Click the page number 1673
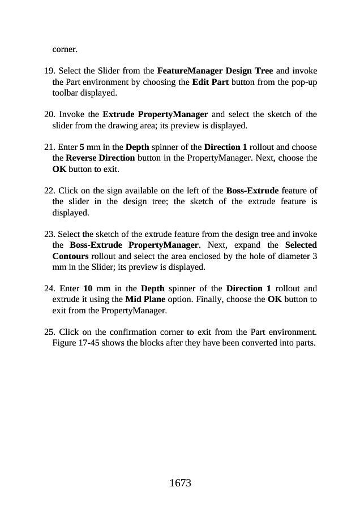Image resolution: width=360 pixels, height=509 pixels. (180, 483)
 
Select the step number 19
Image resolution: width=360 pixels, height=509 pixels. (49, 71)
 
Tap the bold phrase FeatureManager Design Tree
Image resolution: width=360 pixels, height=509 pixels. (215, 71)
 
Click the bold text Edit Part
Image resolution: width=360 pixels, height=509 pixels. (211, 82)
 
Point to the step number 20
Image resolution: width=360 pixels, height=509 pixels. (49, 115)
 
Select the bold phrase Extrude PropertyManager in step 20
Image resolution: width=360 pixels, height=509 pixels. (155, 115)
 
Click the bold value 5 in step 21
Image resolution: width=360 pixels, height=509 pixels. (82, 148)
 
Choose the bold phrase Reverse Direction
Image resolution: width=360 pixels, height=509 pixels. (100, 158)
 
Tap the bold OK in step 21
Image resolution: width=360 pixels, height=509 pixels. (59, 169)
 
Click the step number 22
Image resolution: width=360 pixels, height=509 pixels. (49, 191)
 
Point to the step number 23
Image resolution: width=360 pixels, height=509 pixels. (49, 234)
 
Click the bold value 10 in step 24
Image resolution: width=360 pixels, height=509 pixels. (88, 288)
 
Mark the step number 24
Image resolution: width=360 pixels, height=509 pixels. (49, 288)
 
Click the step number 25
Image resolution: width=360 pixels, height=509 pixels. (49, 332)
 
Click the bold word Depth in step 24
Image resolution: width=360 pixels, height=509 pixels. (153, 288)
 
